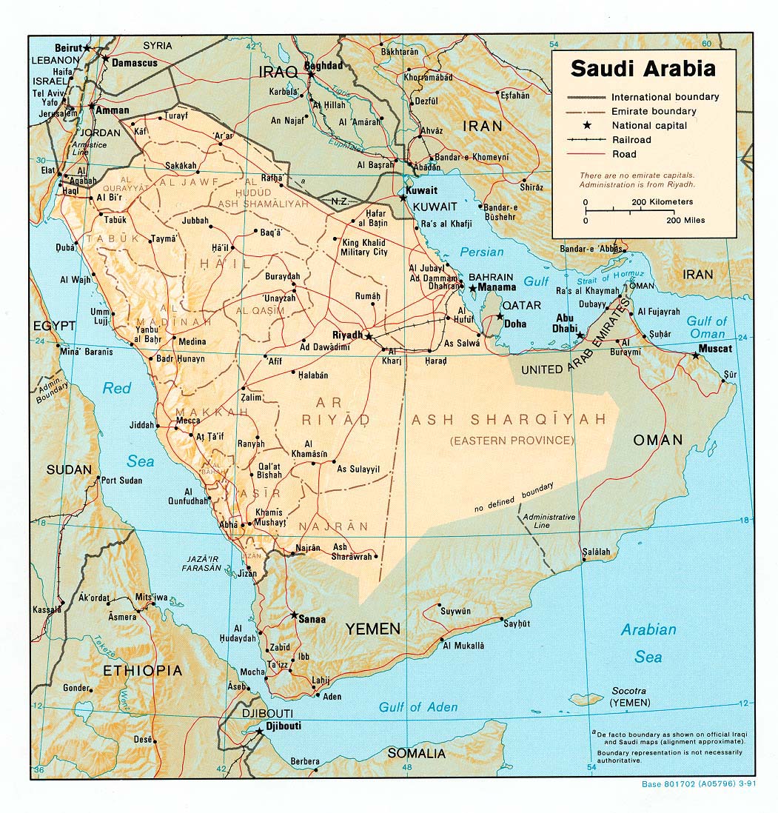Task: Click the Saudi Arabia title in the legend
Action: point(643,69)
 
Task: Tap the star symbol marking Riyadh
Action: point(368,336)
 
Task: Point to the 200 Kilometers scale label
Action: point(662,201)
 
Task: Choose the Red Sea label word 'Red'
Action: point(117,388)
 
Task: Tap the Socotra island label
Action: point(628,689)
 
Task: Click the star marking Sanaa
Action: point(295,615)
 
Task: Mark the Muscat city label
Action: point(715,348)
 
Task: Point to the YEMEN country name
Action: point(373,629)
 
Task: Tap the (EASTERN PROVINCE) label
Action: point(512,441)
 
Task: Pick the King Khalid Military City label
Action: point(363,247)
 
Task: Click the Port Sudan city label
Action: point(121,481)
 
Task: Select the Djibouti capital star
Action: point(258,731)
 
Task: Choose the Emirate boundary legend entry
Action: point(653,111)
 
